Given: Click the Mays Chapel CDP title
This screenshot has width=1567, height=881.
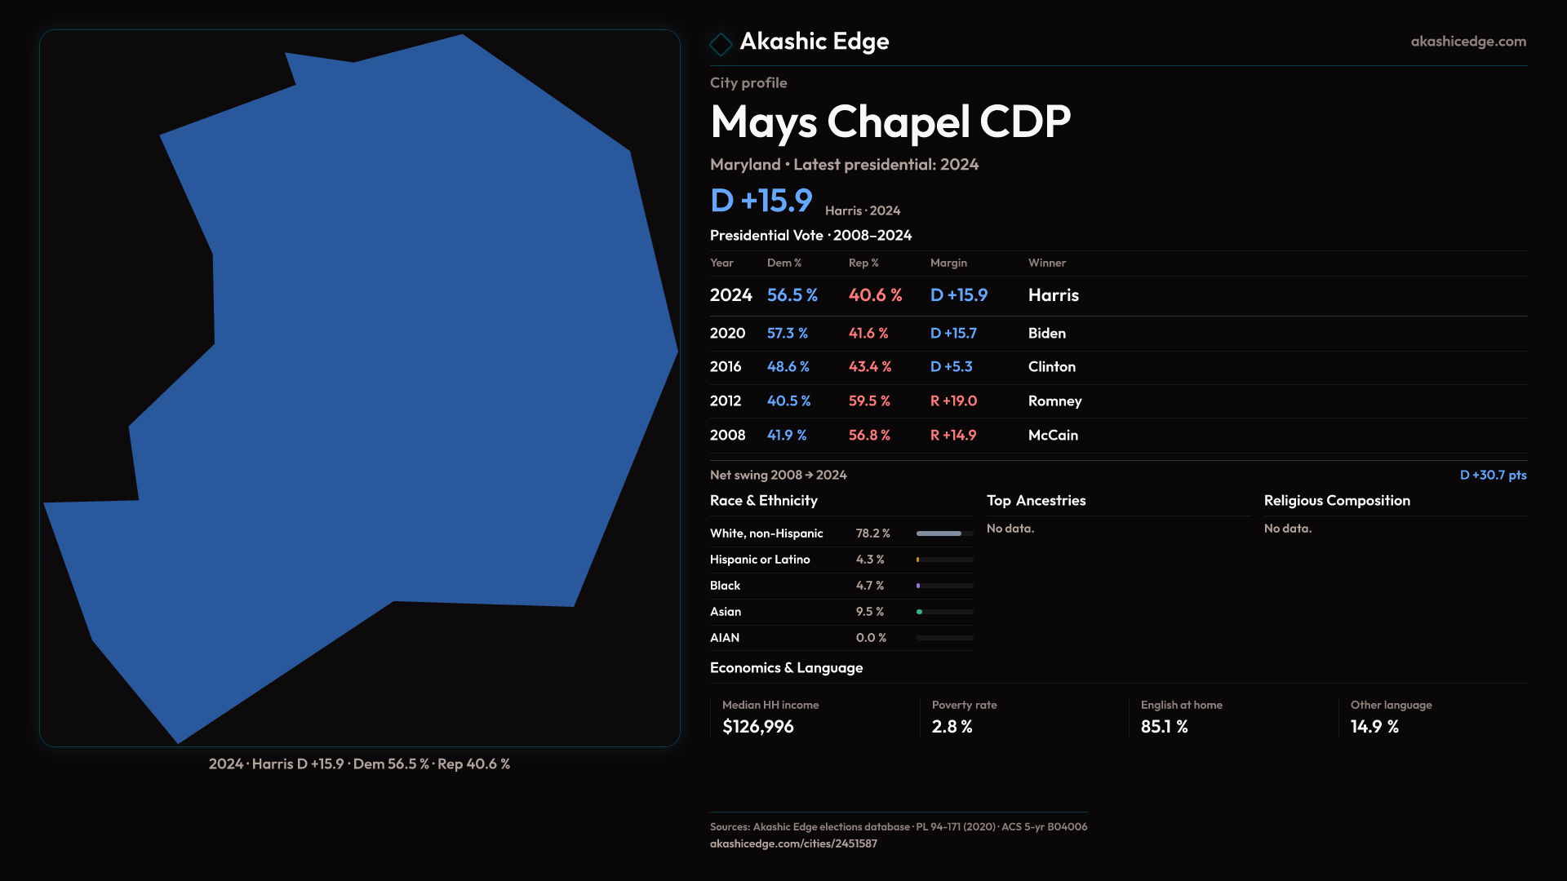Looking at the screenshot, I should click(890, 122).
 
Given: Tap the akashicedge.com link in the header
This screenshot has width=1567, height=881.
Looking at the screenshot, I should click(1468, 42).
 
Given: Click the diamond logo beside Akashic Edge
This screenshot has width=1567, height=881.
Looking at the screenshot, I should click(721, 44).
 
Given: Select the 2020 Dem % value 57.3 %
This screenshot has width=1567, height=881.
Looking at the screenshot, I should click(787, 334).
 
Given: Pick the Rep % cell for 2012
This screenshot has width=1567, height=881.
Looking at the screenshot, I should click(869, 401).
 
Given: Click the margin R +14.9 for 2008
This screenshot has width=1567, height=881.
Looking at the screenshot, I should click(952, 436).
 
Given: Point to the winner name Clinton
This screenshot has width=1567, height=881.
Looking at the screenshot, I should click(1051, 367).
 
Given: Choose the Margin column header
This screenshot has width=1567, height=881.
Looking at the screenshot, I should click(948, 263).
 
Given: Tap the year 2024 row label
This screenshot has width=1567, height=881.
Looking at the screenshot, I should click(730, 295).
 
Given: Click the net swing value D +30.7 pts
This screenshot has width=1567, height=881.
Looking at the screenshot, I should click(1493, 475).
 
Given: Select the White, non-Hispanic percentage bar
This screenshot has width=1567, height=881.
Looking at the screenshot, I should click(944, 533).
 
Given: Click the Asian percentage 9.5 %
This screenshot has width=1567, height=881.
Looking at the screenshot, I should click(869, 612).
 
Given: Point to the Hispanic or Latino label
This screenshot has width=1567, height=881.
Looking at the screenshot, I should click(760, 560).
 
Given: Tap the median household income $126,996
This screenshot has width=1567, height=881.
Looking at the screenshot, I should click(757, 727).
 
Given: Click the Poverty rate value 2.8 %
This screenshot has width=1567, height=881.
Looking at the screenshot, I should click(952, 727).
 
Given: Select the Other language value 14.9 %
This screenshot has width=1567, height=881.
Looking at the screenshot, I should click(1374, 727).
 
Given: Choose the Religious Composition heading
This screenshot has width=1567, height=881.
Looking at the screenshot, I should click(1337, 501).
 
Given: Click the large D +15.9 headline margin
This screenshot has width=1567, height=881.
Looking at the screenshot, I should click(761, 201).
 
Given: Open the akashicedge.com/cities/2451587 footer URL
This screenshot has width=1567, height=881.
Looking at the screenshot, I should click(793, 843).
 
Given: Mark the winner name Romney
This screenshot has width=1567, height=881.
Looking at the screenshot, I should click(1054, 401).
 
